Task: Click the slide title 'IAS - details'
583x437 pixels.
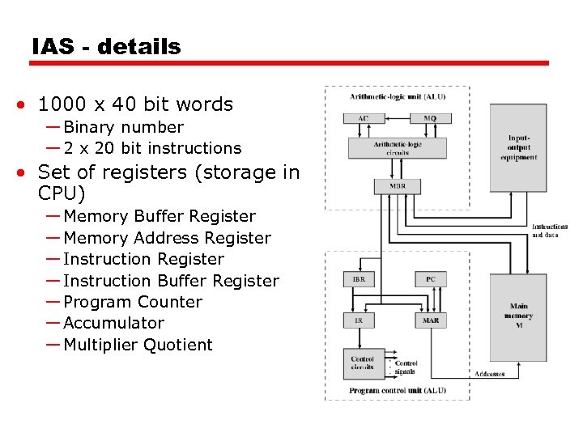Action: coord(106,47)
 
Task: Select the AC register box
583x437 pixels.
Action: coord(363,118)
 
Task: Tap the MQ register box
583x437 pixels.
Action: coord(430,118)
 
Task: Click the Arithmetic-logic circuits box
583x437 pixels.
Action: coord(397,148)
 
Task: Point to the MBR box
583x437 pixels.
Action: coord(397,186)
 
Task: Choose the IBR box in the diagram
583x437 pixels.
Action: coord(359,279)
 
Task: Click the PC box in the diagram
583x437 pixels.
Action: coord(430,279)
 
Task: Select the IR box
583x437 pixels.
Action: coord(359,320)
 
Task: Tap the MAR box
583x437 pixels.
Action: coord(430,320)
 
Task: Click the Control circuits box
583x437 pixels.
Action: coord(362,363)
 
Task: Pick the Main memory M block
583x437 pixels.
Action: coord(518,316)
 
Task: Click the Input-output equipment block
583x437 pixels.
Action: coord(518,147)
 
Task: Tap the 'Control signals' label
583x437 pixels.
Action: coord(406,367)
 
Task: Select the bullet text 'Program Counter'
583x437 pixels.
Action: coord(133,302)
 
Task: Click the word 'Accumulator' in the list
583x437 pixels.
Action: coord(113,323)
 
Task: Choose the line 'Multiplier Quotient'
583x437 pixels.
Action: coord(138,345)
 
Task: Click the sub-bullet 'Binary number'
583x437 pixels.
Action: coord(123,127)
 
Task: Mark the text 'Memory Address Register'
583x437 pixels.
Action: coord(167,238)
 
